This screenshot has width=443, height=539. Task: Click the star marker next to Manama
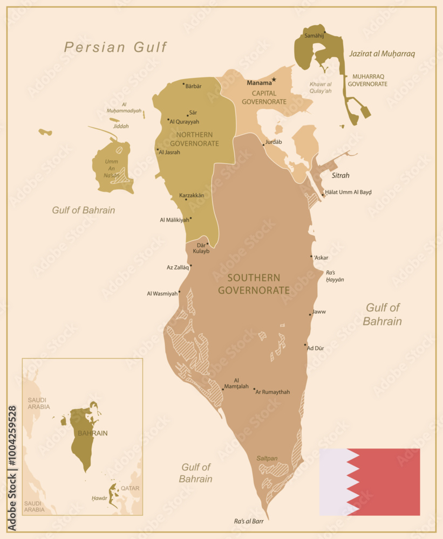[x=274, y=80]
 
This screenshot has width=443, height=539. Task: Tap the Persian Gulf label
[x=115, y=47]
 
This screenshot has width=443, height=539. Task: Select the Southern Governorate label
[x=254, y=284]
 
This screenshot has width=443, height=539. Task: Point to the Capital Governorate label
[x=264, y=97]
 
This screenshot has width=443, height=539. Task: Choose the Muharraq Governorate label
[x=367, y=80]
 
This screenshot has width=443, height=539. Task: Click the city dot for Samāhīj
[x=324, y=33]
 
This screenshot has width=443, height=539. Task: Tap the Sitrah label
[x=340, y=175]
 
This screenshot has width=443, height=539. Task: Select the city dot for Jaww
[x=310, y=314]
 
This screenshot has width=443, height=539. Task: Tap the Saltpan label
[x=267, y=458]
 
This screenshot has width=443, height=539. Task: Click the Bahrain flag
[x=370, y=482]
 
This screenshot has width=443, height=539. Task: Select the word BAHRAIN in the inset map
[x=92, y=433]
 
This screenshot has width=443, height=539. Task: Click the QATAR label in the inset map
[x=130, y=488]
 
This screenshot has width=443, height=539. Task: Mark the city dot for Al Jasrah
[x=158, y=149]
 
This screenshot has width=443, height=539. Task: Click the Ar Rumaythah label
[x=272, y=392]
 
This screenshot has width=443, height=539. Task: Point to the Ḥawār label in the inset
[x=99, y=498]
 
